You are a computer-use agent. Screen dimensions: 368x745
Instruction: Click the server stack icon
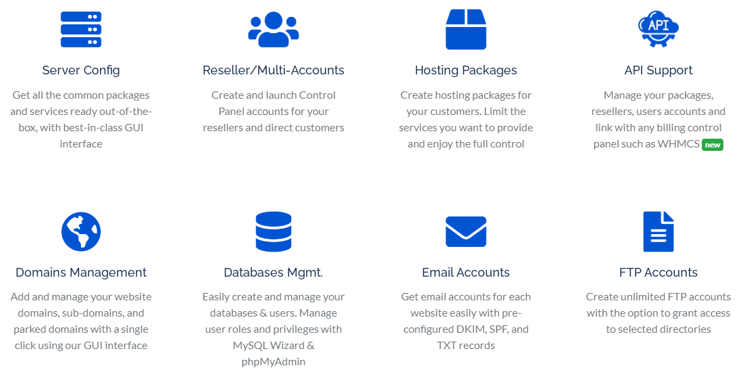[x=81, y=29]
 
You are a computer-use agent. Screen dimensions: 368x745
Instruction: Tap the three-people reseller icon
[x=274, y=29]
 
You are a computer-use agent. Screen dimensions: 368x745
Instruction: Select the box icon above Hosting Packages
[x=466, y=29]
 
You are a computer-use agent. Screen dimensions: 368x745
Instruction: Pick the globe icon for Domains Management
[x=81, y=231]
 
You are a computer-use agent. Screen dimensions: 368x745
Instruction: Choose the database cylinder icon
[x=274, y=231]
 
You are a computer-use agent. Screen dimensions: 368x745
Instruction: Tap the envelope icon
[x=466, y=231]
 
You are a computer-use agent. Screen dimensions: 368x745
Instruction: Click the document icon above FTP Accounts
[x=659, y=231]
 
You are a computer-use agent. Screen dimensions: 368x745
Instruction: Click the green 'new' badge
[x=713, y=144]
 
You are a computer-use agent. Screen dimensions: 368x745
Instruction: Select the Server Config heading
[x=81, y=70]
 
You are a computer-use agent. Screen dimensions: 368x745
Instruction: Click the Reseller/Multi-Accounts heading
[x=274, y=70]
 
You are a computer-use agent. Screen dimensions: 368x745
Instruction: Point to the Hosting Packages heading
[x=466, y=70]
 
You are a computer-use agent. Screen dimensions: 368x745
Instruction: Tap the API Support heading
[x=659, y=70]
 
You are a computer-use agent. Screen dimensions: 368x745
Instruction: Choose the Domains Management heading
[x=81, y=273]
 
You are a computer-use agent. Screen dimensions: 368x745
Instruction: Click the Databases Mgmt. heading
[x=274, y=273]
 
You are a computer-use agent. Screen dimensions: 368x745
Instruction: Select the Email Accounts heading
[x=466, y=273]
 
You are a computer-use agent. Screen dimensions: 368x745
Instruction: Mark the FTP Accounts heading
[x=659, y=273]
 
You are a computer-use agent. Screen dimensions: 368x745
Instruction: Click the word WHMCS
[x=678, y=144]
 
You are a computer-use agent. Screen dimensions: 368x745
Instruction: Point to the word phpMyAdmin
[x=274, y=362]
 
